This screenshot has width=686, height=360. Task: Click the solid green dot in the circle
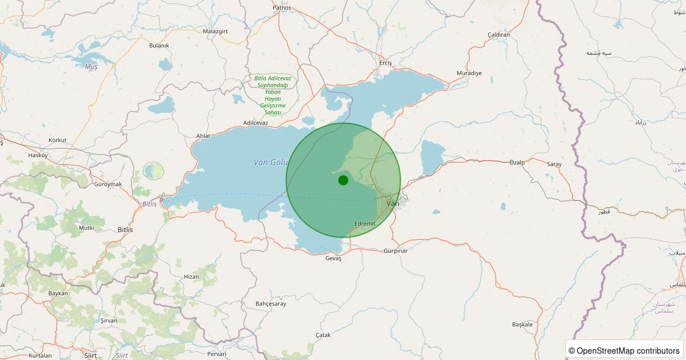click(x=343, y=180)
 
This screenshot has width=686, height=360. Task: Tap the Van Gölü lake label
click(x=269, y=162)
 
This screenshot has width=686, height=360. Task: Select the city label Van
click(x=393, y=203)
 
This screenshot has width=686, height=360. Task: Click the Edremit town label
click(x=365, y=223)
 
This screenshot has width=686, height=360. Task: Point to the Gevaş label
click(x=333, y=258)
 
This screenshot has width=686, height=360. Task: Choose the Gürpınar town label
click(x=395, y=251)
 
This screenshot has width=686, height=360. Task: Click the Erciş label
click(x=386, y=63)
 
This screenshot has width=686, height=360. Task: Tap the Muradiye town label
click(x=469, y=73)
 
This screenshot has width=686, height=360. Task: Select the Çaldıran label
click(x=498, y=35)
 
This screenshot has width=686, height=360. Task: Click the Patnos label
click(x=282, y=8)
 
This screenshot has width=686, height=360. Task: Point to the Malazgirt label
click(x=216, y=31)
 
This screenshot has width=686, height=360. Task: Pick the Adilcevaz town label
click(x=256, y=123)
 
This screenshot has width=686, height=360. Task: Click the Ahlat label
click(x=204, y=135)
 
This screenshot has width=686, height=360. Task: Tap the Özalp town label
click(x=517, y=163)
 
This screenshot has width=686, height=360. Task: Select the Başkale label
click(x=523, y=324)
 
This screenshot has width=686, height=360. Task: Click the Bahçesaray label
click(x=271, y=303)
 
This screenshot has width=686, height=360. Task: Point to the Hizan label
click(x=192, y=277)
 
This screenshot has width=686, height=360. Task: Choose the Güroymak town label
click(x=109, y=184)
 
